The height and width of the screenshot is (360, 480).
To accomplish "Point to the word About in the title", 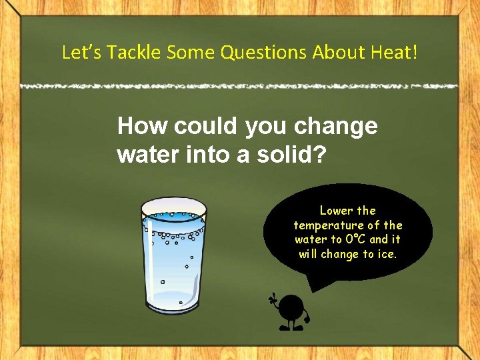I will coord(343,53).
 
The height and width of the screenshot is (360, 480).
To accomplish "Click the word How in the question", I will coord(139,126).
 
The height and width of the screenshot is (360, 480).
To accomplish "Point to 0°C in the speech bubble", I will coord(352,239).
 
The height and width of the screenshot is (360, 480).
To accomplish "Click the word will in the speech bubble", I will coord(308,254).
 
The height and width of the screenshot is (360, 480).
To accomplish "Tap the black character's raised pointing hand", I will coord(272,298).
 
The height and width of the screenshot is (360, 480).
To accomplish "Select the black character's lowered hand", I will coord(307,319).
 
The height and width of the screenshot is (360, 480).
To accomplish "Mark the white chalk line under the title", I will coord(240,86).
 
